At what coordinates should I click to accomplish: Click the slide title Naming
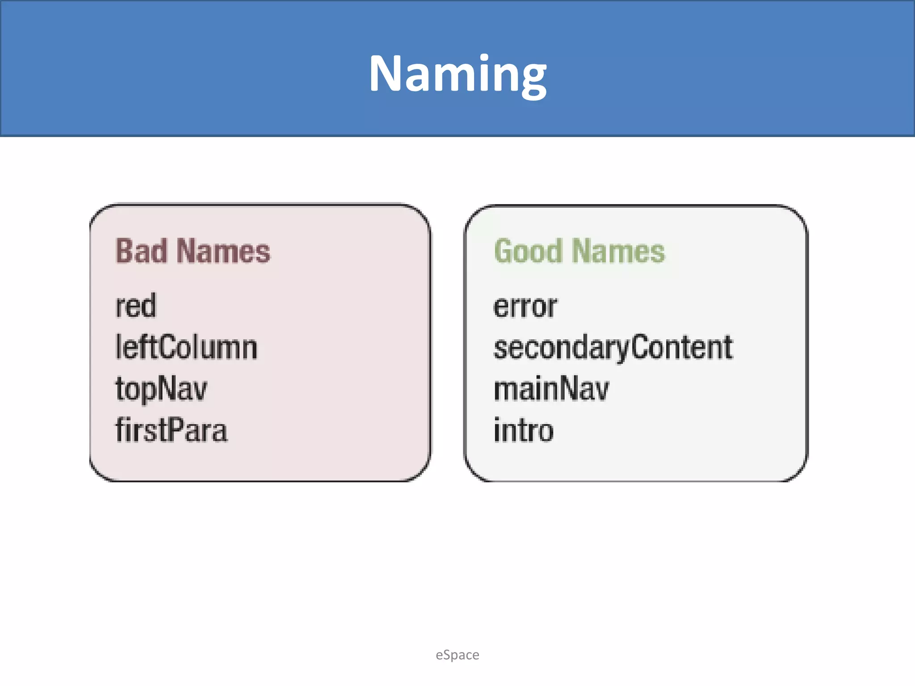coord(457,74)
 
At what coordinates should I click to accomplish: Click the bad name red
coord(136,306)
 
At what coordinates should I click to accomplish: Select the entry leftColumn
coord(186,347)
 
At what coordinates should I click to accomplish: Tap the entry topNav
coord(161,389)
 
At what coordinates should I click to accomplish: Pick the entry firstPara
coord(172,430)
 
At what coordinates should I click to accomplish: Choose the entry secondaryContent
coord(613,347)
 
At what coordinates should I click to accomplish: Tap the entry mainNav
coord(551,389)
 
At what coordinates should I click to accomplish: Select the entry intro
coord(524,430)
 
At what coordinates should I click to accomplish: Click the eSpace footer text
coord(457,655)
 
